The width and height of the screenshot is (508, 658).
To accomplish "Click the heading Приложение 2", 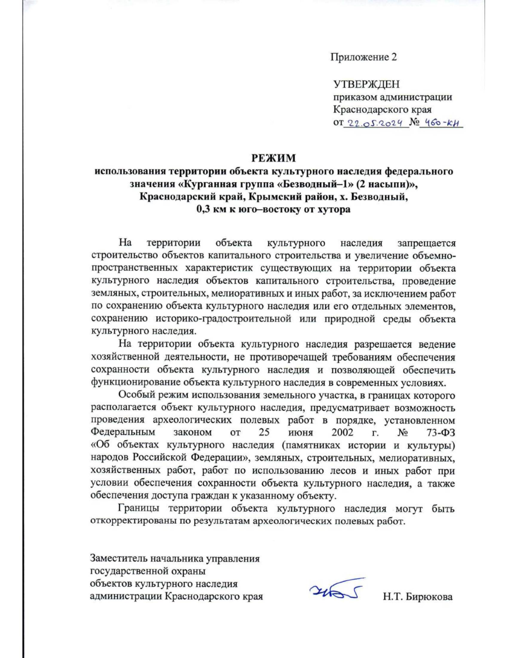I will (363, 57).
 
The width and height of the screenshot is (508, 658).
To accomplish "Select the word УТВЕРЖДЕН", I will (366, 84).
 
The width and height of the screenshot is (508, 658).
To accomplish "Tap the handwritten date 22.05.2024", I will (376, 123).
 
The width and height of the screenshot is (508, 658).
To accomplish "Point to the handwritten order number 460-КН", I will (441, 123).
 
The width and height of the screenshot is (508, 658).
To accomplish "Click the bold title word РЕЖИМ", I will (273, 158).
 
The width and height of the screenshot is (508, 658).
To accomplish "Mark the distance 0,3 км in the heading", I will (213, 209).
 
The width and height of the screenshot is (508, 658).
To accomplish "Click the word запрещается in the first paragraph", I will (426, 243).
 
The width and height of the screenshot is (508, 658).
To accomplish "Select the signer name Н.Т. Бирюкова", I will (417, 597).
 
